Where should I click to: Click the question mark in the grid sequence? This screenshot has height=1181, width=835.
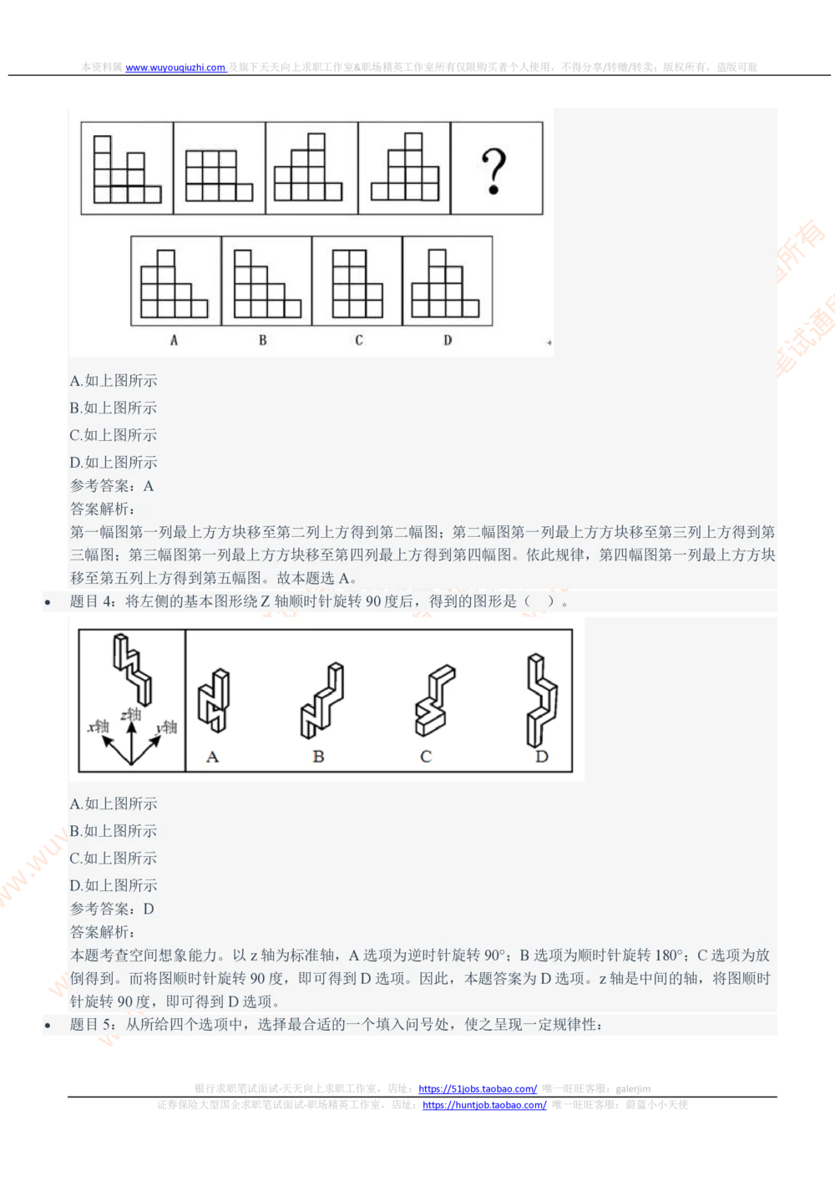click(494, 171)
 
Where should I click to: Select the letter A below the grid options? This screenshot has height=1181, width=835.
click(174, 340)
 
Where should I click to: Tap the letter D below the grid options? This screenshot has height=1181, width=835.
click(448, 340)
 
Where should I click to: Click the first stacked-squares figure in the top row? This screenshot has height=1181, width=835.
click(127, 170)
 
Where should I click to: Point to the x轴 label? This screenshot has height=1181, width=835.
click(99, 726)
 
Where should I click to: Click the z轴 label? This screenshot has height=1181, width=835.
click(130, 714)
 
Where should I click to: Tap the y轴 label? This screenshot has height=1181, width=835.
click(166, 727)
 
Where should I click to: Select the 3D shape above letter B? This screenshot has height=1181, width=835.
click(321, 700)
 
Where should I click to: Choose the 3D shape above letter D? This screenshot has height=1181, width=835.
click(541, 700)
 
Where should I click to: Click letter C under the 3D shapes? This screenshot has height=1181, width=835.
click(426, 757)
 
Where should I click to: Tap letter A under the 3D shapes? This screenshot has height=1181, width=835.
click(212, 757)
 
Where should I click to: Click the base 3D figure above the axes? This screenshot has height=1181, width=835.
click(133, 668)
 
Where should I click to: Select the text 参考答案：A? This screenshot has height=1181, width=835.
click(112, 486)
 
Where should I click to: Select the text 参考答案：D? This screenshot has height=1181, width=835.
click(112, 909)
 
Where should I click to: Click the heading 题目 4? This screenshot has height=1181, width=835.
click(94, 601)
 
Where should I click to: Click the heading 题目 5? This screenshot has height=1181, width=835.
click(94, 1025)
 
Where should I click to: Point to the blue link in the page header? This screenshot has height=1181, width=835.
click(175, 67)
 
